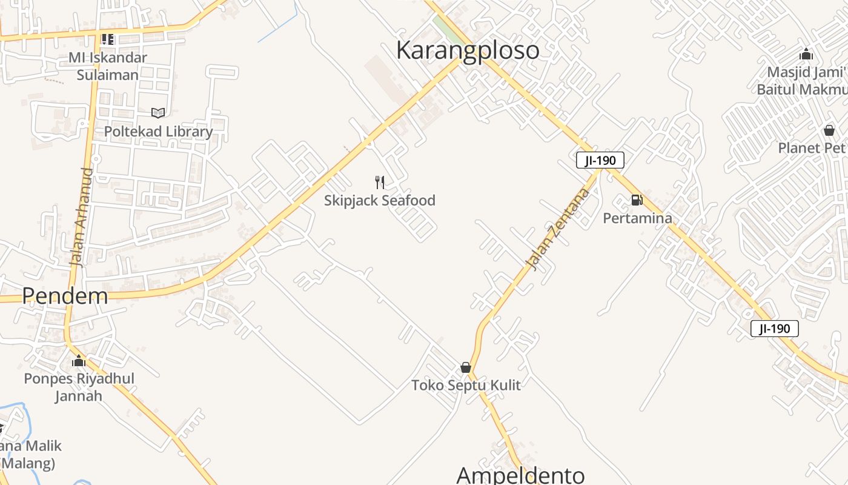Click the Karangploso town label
[x=468, y=50]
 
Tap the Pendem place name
[x=65, y=296]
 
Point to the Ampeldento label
[x=520, y=475]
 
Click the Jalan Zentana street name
[x=558, y=229]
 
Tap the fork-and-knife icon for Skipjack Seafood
[x=380, y=182]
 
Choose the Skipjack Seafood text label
[x=380, y=201]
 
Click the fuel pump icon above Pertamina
[x=637, y=199]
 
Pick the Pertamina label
[x=637, y=218]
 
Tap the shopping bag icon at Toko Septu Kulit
[x=466, y=367]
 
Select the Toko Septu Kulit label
[x=466, y=386]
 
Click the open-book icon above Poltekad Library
[x=158, y=113]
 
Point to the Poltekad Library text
[x=158, y=132]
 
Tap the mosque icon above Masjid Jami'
[x=806, y=54]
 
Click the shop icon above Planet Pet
[x=829, y=130]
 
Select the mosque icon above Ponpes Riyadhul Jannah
[x=79, y=361]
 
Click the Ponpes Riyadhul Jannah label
[x=79, y=387]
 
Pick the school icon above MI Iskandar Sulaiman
[x=108, y=39]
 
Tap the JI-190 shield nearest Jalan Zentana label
[x=600, y=161]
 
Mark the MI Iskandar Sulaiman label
[x=107, y=66]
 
